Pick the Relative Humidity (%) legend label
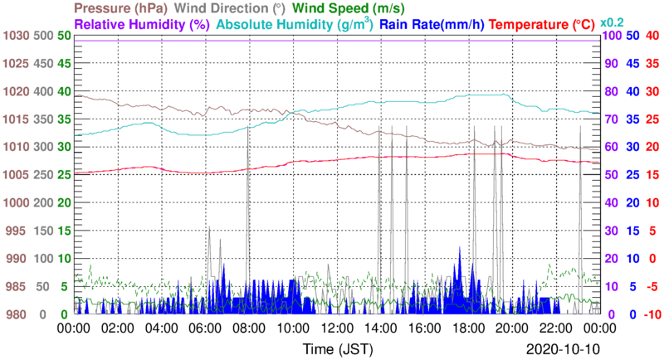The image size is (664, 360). tap(140, 24)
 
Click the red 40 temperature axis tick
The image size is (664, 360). tap(652, 36)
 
